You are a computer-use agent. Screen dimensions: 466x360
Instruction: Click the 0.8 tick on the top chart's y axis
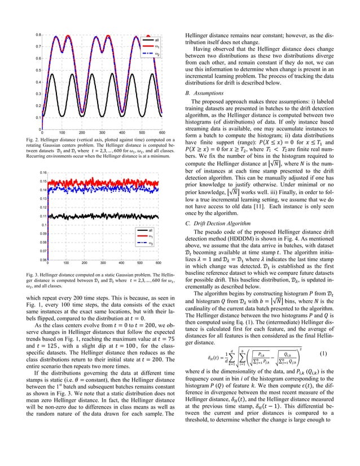click(37, 35)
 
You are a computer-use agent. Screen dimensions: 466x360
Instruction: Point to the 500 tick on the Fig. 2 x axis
click(137, 133)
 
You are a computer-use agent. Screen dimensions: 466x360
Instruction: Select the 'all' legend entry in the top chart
click(156, 41)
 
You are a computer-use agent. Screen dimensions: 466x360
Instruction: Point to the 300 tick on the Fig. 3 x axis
click(103, 263)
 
